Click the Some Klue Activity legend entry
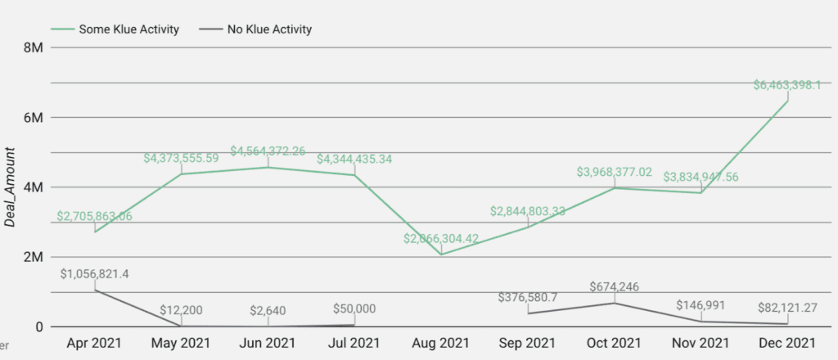(x=114, y=29)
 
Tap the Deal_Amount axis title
(x=11, y=187)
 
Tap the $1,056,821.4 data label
(x=95, y=274)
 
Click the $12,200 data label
(x=182, y=309)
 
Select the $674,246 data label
(x=614, y=287)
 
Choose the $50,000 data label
(x=355, y=308)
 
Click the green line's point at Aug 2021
(x=441, y=254)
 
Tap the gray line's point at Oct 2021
(x=614, y=304)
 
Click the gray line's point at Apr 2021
(x=95, y=290)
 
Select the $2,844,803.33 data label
(x=528, y=211)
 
